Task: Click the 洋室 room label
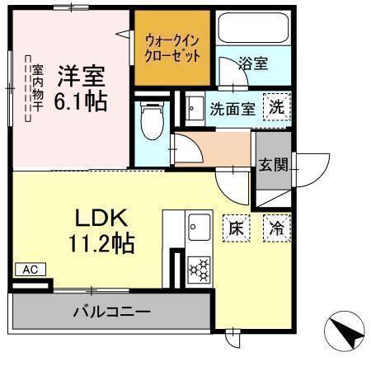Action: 82,77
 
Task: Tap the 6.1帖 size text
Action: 82,103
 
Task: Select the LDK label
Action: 100,218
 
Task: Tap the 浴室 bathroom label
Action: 252,63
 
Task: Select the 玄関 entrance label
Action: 273,164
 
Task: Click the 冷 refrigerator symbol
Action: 276,228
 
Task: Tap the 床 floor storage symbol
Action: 234,228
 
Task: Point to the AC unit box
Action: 30,270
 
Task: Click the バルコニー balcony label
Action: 110,312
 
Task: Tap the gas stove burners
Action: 200,270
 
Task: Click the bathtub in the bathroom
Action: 252,31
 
